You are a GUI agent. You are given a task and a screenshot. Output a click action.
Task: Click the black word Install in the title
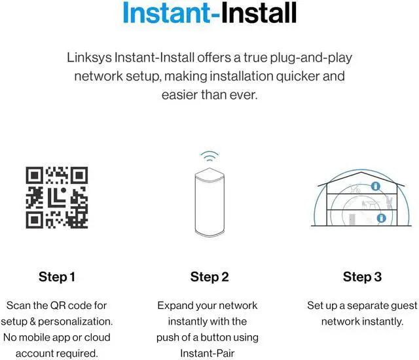258,14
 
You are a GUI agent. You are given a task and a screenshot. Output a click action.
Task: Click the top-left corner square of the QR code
35,176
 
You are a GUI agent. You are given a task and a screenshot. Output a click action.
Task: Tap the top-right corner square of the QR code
79,176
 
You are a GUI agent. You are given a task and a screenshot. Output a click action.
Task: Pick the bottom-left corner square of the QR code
35,220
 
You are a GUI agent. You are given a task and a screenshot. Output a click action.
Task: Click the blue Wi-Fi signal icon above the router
209,157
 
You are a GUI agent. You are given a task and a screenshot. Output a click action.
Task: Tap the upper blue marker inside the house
375,187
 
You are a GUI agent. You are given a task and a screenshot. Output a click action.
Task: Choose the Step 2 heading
209,277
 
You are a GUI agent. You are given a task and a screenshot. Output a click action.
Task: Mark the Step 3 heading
362,277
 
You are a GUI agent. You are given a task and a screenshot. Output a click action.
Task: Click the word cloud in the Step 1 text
96,338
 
